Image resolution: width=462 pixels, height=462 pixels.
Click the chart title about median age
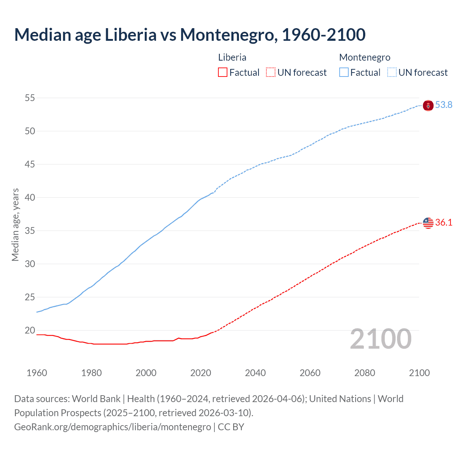189,35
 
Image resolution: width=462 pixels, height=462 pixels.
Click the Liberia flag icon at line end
428,223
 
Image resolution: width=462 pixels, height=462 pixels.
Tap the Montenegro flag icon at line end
428,105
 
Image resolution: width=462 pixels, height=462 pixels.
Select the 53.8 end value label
444,105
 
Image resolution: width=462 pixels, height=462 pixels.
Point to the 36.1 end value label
444,222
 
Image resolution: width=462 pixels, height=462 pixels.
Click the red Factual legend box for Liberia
223,72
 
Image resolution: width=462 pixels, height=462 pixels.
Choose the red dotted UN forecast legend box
271,72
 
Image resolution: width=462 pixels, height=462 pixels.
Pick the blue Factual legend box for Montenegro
344,72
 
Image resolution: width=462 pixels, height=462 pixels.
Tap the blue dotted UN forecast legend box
392,72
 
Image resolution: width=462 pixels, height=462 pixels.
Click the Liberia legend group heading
232,57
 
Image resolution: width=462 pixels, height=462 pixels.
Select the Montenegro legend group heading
365,57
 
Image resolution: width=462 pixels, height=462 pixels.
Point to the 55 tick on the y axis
30,98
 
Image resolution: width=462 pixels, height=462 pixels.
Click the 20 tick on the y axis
30,330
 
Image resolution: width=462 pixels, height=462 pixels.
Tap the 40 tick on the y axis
30,197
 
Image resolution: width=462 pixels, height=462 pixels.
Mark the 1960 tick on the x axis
37,373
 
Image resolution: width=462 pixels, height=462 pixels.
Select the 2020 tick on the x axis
201,373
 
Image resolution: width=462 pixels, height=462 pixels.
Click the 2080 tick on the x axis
365,373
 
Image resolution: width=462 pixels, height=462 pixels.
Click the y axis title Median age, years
15,225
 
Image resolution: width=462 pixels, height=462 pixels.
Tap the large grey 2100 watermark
380,339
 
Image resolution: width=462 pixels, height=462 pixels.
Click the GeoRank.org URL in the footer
112,427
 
